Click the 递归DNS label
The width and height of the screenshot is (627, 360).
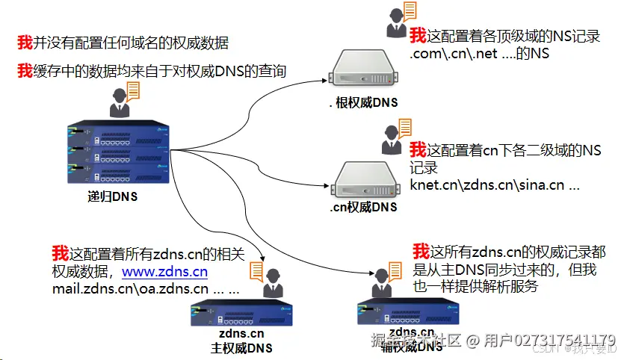(112, 197)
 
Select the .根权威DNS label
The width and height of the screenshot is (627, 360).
(363, 102)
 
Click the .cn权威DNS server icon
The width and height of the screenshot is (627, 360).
(363, 178)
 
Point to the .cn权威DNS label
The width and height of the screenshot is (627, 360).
(363, 207)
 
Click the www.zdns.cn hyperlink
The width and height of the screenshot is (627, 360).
(164, 272)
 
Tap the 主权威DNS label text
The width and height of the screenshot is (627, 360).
(241, 348)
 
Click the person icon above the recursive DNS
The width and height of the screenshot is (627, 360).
(120, 102)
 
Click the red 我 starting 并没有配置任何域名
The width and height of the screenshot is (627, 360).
(25, 43)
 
